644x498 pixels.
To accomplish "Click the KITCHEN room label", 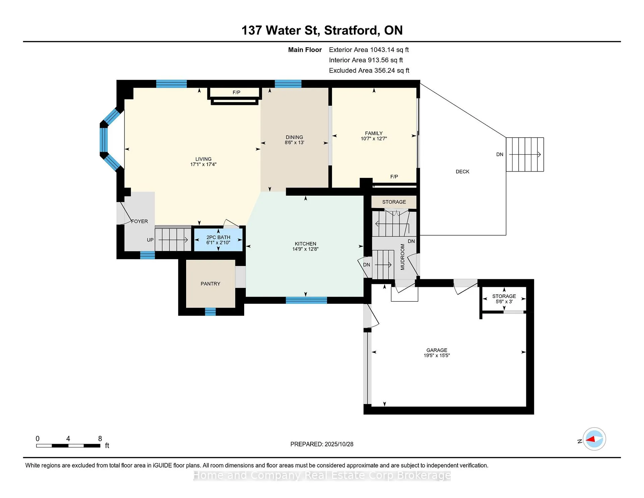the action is click(x=305, y=244).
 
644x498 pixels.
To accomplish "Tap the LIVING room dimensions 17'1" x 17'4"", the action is click(x=203, y=164).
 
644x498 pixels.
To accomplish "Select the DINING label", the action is click(x=294, y=137).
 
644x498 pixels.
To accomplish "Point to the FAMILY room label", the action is click(x=374, y=133).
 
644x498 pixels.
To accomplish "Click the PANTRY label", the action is click(x=210, y=284).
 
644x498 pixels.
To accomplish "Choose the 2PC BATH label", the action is click(x=218, y=237).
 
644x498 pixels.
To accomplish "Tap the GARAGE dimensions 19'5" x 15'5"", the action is click(x=437, y=355).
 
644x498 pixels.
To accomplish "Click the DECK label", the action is click(x=462, y=172).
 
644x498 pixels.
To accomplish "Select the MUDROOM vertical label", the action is click(x=402, y=257).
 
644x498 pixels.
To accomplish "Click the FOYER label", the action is click(x=139, y=221).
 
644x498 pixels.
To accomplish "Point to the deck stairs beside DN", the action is click(x=525, y=154).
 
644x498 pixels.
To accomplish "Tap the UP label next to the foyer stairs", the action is click(x=150, y=240).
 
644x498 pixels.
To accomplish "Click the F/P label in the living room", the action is click(x=236, y=93).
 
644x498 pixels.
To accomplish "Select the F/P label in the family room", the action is click(x=394, y=177).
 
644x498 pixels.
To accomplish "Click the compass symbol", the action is click(x=594, y=439).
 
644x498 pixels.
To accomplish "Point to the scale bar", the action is click(x=68, y=446).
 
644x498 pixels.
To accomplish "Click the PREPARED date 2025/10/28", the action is click(x=339, y=444).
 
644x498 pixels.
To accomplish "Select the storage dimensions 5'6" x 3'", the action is click(x=504, y=302).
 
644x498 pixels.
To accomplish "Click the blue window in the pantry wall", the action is click(x=210, y=312).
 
